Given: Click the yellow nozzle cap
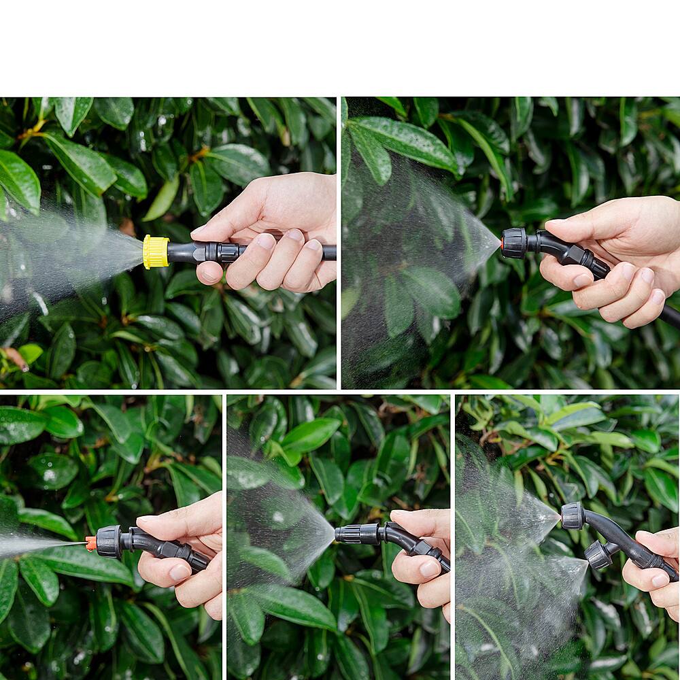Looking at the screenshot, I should [x=156, y=252].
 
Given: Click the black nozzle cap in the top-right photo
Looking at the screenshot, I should [x=514, y=243].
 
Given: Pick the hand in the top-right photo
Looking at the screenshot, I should [x=615, y=258].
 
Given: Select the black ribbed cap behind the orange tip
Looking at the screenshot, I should [x=109, y=542].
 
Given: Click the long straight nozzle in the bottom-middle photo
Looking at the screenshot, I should [x=357, y=534].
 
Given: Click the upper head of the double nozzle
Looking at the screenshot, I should [x=573, y=516].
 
